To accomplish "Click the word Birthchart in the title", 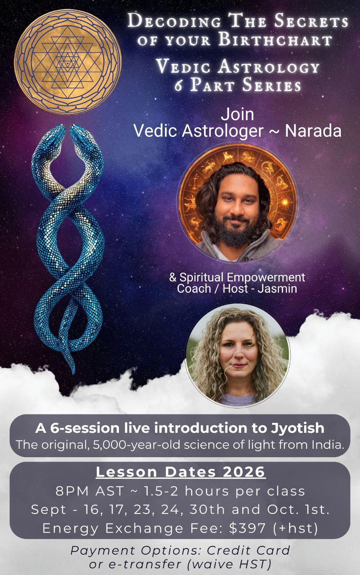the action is point(275,40).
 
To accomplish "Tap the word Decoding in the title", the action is point(174,20).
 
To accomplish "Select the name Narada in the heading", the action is point(313,131).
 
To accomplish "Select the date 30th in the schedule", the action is point(207,509).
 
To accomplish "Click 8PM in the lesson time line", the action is point(71,491).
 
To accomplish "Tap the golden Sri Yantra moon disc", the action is point(67,61).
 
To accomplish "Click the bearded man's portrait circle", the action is point(237,203).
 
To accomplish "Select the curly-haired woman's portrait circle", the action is point(237,356).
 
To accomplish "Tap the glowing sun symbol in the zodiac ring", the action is point(285,202).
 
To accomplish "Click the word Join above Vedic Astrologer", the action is point(237,114).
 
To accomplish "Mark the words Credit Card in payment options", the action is point(248,550).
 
